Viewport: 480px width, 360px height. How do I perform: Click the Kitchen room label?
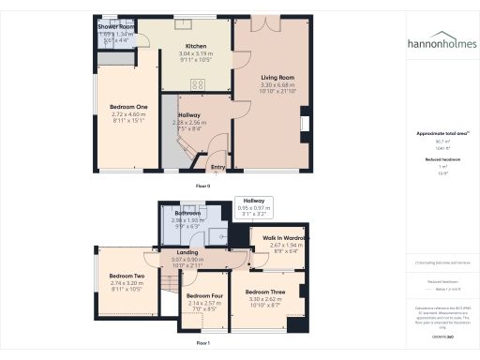[x=196, y=46]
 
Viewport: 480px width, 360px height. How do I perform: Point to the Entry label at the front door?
[x=217, y=168]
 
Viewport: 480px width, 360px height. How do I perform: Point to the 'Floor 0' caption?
[x=203, y=187]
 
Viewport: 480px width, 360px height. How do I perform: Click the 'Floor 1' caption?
[x=203, y=344]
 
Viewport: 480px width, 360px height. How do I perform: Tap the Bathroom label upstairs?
[x=187, y=214]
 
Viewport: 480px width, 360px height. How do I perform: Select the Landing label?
[x=186, y=252]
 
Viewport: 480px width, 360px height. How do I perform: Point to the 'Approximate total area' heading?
[x=436, y=134]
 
